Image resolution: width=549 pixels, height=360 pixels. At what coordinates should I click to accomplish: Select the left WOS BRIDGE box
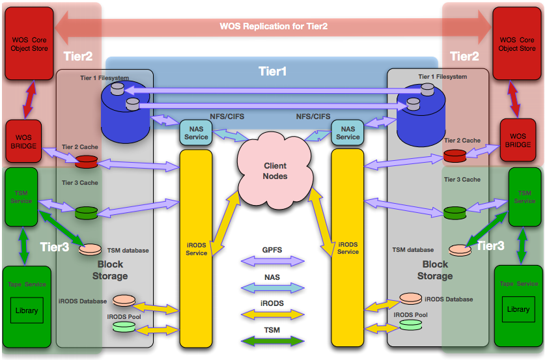[x=23, y=141]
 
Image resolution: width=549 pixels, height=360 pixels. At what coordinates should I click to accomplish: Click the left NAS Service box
[x=196, y=133]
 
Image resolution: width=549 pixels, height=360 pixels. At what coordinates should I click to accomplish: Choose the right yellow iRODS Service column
[x=347, y=247]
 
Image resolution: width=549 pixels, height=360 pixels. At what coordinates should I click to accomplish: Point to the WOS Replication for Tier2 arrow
[x=274, y=27]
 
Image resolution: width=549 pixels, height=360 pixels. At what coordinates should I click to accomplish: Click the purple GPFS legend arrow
[x=272, y=261]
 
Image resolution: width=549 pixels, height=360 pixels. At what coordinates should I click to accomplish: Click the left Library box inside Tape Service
[x=27, y=311]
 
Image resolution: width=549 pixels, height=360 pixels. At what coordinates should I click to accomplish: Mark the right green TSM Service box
[x=525, y=197]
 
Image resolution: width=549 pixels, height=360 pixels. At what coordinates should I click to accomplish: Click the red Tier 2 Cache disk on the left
[x=86, y=160]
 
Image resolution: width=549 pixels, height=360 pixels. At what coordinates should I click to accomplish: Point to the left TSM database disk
[x=91, y=249]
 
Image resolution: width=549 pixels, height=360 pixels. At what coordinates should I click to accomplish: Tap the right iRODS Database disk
[x=410, y=299]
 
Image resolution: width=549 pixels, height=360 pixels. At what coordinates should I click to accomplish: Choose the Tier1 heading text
[x=273, y=71]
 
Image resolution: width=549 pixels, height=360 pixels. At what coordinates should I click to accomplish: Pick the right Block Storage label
[x=435, y=270]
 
